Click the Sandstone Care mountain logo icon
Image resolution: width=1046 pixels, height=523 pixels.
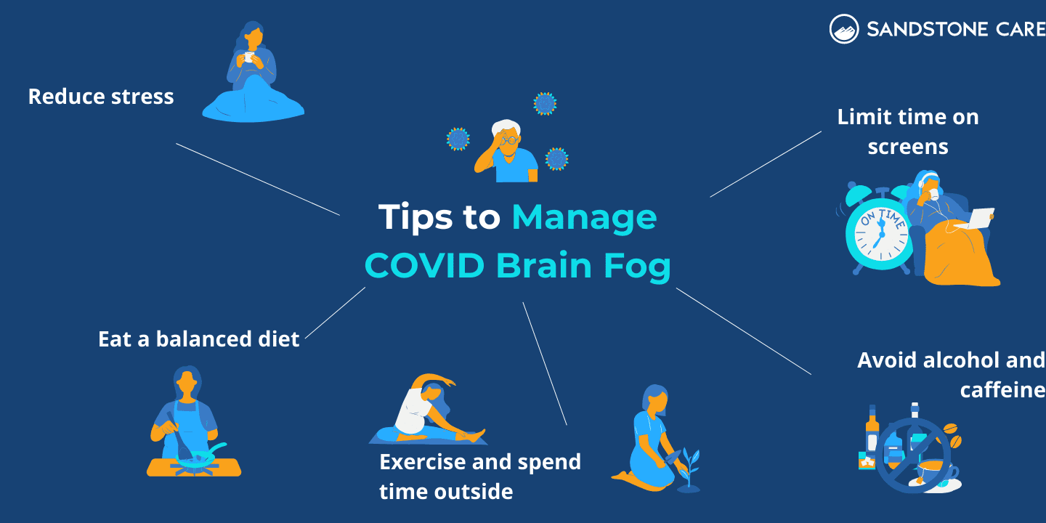click(844, 29)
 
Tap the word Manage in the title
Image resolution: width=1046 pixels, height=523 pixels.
click(584, 217)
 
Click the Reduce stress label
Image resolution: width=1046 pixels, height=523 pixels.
click(101, 97)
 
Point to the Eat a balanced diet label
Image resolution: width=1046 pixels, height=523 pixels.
click(198, 339)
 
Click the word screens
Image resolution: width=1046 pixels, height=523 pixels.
click(908, 147)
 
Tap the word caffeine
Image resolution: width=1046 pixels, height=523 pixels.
click(1002, 390)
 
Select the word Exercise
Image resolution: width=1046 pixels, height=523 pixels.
click(422, 462)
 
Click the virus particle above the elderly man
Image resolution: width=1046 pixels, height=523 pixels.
click(545, 104)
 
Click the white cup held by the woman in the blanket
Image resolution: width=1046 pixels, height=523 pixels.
click(248, 57)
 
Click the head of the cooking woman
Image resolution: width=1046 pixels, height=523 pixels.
click(187, 381)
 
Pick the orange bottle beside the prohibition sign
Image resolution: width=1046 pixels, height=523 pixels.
click(872, 437)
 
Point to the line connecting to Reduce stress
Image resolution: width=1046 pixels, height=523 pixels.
click(258, 179)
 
